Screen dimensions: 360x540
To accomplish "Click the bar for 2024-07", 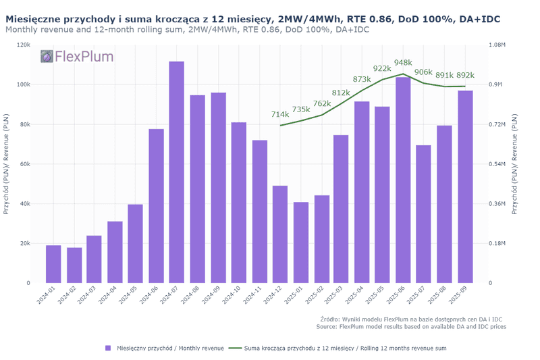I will (177, 172).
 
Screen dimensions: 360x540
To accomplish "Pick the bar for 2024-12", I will (280, 234).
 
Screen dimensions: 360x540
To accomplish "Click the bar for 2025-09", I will (465, 186).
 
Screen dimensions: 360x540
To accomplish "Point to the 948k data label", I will (403, 63).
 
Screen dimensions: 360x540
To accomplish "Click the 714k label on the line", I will (280, 115).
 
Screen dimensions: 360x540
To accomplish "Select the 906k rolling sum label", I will (423, 72).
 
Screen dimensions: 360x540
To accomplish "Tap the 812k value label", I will (341, 93).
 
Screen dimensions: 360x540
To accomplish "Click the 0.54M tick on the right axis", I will (498, 164).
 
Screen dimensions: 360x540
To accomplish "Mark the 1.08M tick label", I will (498, 45).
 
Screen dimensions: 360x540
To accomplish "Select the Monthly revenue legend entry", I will (165, 348).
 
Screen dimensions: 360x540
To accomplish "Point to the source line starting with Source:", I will (410, 326).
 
